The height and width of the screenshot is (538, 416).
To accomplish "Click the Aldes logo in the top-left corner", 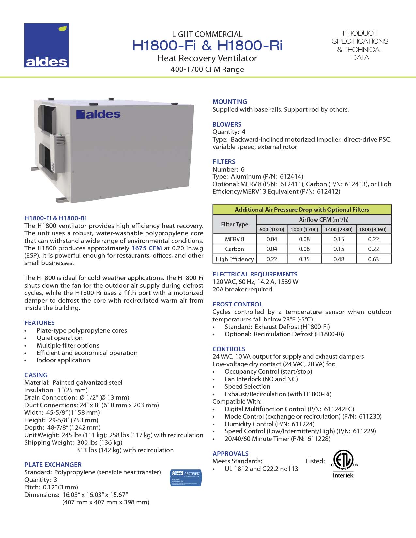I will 46,46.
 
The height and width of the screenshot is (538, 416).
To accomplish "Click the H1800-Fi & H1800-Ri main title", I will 207,46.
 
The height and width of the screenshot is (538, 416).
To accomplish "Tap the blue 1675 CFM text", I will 146,248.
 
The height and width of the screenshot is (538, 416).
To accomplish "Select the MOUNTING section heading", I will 230,102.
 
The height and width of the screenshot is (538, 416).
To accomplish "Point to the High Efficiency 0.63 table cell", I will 373,259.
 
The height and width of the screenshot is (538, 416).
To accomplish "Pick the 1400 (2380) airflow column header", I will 339,229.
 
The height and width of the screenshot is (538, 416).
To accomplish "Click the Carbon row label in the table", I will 234,249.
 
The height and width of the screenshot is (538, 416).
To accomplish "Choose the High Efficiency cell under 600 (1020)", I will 271,259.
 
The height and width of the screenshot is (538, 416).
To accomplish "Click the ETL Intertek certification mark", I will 343,463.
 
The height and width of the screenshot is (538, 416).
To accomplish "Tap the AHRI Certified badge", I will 186,478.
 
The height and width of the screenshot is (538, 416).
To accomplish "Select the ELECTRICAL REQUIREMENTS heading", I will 255,274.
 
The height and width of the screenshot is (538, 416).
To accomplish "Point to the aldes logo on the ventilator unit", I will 98,114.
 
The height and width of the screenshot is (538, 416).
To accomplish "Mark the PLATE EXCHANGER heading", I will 53,465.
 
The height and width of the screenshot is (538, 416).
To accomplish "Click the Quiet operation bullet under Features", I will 59,338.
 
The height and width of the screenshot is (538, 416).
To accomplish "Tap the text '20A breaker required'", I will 242,289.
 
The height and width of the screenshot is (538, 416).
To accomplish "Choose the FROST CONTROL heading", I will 238,304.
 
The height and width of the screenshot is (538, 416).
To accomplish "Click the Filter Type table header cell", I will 234,224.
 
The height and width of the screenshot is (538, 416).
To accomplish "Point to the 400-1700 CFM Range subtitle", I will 207,69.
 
